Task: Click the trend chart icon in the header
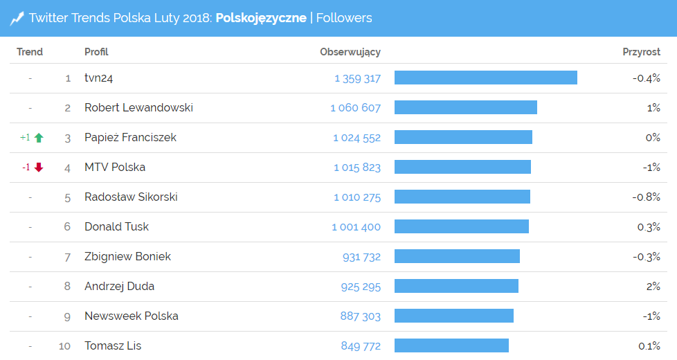coord(17,18)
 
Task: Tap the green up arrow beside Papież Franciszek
coord(39,138)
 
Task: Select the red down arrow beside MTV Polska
coord(39,168)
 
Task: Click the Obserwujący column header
coord(350,52)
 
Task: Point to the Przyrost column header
coord(641,52)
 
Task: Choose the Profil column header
coord(96,52)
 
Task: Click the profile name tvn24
coord(98,78)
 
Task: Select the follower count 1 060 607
coord(356,108)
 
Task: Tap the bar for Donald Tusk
coord(462,227)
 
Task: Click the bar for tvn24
coord(486,78)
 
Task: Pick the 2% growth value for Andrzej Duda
coord(653,287)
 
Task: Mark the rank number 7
coord(67,257)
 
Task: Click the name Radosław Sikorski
coord(131,197)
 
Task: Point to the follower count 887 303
coord(361,316)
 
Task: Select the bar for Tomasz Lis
coord(451,346)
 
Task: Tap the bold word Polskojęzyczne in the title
coord(261,18)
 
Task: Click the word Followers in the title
coord(344,18)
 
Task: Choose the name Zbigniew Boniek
coord(127,257)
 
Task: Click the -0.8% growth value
coord(647,197)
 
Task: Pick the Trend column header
coord(30,52)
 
